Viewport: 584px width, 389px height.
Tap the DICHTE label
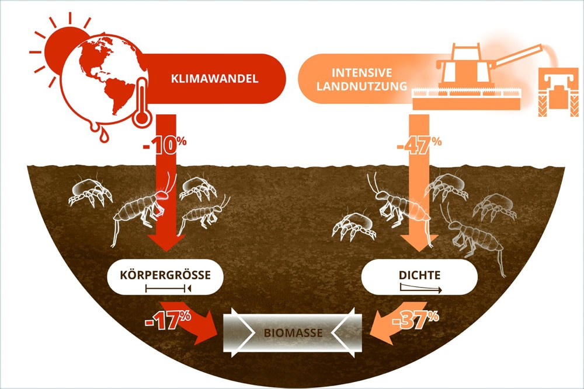point(421,273)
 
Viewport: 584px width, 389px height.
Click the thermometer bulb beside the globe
point(141,118)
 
